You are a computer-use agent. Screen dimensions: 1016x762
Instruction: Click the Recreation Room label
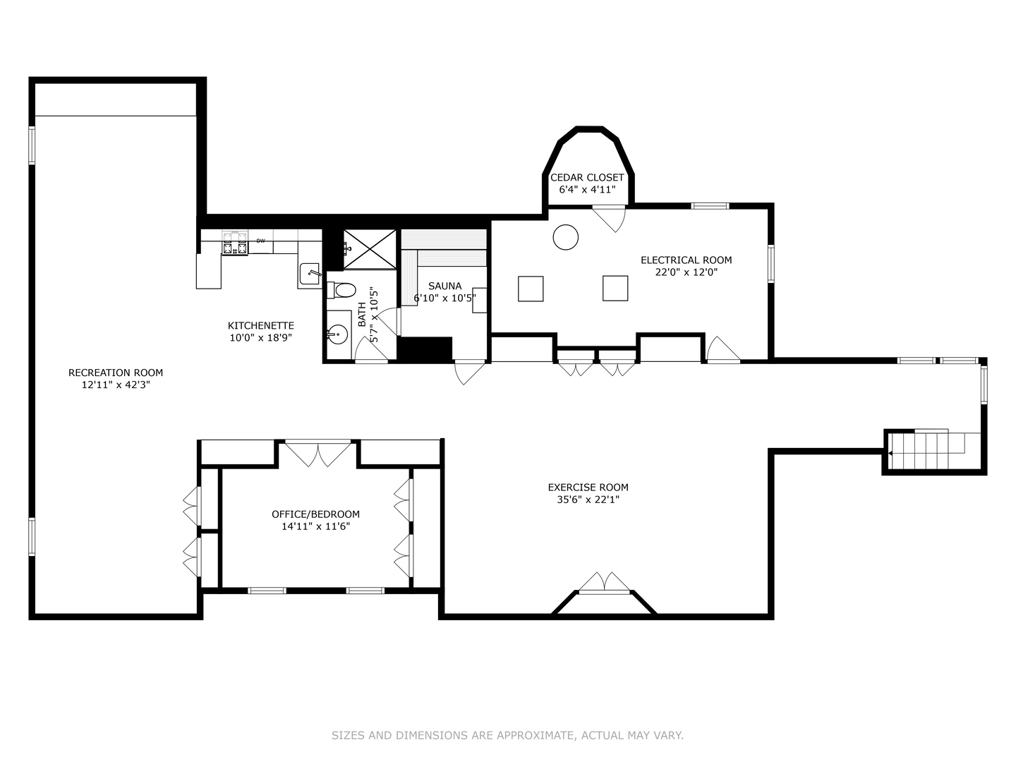click(116, 373)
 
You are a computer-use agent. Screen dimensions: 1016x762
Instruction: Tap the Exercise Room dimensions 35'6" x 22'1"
click(588, 500)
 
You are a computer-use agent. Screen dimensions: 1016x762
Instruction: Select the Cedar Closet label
click(587, 178)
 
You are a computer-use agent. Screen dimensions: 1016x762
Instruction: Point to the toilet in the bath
click(341, 290)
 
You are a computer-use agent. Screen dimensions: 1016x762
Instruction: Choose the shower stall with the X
click(370, 249)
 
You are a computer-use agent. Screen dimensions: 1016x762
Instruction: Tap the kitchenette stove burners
click(235, 243)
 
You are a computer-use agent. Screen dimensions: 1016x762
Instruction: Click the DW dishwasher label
click(260, 241)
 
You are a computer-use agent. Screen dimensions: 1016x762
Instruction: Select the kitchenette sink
click(310, 274)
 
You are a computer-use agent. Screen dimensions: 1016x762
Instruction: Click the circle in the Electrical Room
click(566, 237)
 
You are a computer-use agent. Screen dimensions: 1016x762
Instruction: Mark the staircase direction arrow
click(890, 454)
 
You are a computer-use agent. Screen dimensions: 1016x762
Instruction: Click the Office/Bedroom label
click(315, 514)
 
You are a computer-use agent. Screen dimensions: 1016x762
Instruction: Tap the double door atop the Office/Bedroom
click(318, 453)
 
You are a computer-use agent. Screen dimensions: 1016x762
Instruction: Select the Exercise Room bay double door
click(605, 583)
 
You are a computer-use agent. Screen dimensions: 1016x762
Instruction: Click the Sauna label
click(445, 286)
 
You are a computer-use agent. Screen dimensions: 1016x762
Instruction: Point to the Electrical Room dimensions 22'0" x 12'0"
click(686, 272)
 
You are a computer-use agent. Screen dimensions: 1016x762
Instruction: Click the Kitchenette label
click(260, 326)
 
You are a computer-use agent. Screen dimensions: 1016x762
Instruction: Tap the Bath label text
click(362, 315)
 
